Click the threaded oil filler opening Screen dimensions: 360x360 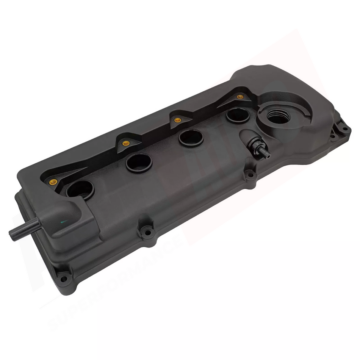[279, 117]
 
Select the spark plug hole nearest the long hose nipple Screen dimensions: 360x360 [80, 189]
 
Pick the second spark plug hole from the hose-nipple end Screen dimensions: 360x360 [139, 163]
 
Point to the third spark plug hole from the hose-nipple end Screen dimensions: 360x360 [191, 138]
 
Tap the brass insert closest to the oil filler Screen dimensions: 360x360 [240, 97]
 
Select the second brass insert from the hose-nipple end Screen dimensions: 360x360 [126, 143]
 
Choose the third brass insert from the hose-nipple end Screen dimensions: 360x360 [177, 120]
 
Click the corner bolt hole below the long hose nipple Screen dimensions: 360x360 [64, 279]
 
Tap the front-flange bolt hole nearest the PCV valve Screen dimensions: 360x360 [250, 175]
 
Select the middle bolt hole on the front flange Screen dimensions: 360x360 [147, 231]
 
